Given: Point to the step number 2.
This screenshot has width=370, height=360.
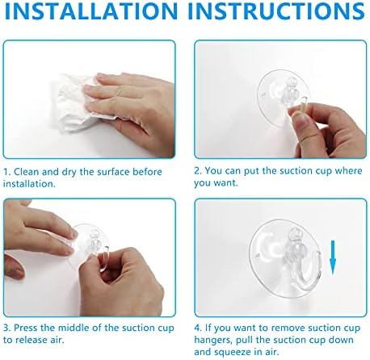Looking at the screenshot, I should point(197,172).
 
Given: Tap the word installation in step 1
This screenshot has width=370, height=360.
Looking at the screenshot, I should point(31,183).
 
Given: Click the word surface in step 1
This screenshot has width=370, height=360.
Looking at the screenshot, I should point(118,172).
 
